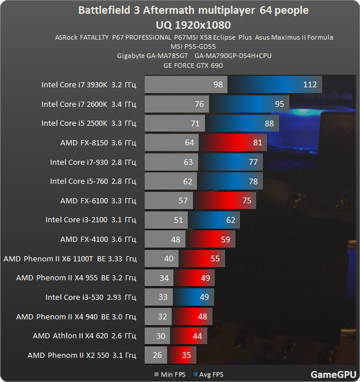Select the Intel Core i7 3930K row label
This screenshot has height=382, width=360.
[x=89, y=85]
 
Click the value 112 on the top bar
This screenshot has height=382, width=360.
[x=310, y=85]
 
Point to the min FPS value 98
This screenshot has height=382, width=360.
[x=217, y=85]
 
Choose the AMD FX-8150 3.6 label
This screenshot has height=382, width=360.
[x=98, y=142]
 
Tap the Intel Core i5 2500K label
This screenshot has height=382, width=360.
[x=89, y=123]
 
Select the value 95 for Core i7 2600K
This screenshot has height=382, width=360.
[x=280, y=104]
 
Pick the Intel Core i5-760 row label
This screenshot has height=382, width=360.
[x=93, y=181]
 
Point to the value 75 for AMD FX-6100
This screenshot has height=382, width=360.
[x=247, y=200]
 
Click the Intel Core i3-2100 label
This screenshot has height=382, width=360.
[x=91, y=219]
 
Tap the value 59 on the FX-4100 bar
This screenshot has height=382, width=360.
[x=225, y=239]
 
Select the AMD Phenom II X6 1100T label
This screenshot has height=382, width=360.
[x=70, y=258]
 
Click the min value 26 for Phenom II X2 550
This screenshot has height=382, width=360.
[x=157, y=355]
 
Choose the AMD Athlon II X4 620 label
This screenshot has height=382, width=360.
[x=85, y=335]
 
